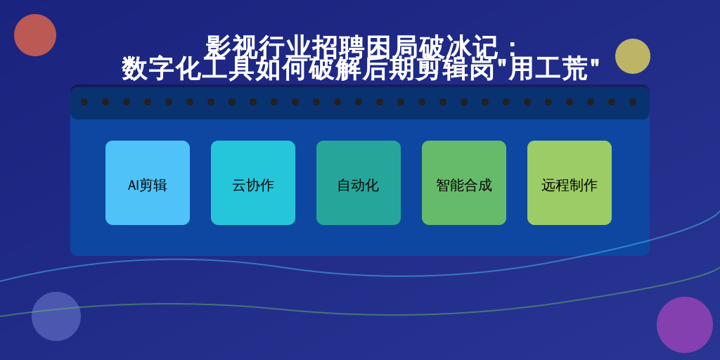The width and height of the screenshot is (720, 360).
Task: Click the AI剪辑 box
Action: [148, 183]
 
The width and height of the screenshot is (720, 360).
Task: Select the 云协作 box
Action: [253, 183]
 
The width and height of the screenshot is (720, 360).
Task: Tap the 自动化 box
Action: [359, 183]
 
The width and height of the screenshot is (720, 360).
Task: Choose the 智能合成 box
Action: [464, 183]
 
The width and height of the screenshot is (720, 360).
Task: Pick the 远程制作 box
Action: [570, 183]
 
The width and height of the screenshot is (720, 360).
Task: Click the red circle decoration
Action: [35, 35]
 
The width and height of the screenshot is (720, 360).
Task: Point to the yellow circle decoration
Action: [633, 56]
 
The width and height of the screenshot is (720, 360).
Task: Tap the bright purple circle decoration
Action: [685, 325]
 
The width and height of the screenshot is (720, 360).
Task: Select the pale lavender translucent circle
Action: [56, 316]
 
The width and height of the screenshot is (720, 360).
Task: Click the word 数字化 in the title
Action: [161, 68]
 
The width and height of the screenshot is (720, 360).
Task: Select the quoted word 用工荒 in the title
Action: [548, 68]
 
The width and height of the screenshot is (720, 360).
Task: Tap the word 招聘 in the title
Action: [338, 47]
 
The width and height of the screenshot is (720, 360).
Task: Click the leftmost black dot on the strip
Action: [84, 102]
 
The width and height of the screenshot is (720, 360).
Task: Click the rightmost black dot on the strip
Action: [633, 102]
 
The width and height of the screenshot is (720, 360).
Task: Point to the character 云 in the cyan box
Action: [239, 186]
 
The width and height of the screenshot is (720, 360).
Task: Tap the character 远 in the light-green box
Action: [548, 186]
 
